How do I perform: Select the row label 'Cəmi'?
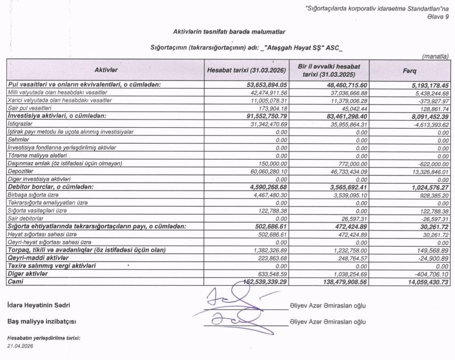15,282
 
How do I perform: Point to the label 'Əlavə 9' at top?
438,17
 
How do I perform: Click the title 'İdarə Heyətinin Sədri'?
39,305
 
